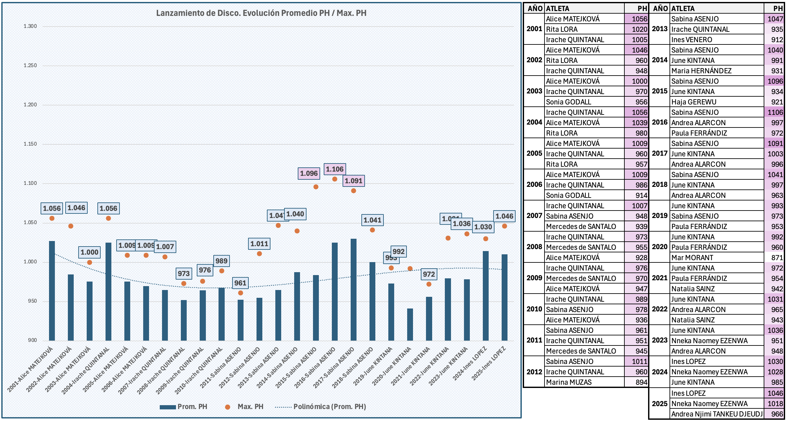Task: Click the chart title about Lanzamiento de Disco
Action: (261, 13)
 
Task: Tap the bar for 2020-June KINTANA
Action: (410, 324)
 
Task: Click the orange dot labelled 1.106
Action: (334, 179)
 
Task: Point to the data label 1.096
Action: (308, 174)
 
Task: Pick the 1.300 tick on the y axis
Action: (30, 26)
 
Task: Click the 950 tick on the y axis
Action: (32, 301)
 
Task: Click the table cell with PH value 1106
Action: (775, 112)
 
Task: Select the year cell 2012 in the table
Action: (534, 372)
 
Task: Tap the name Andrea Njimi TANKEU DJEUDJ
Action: (717, 414)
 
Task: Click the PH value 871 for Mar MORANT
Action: (777, 258)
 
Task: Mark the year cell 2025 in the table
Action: (659, 404)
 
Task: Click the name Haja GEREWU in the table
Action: (694, 102)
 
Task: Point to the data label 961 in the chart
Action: (240, 283)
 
